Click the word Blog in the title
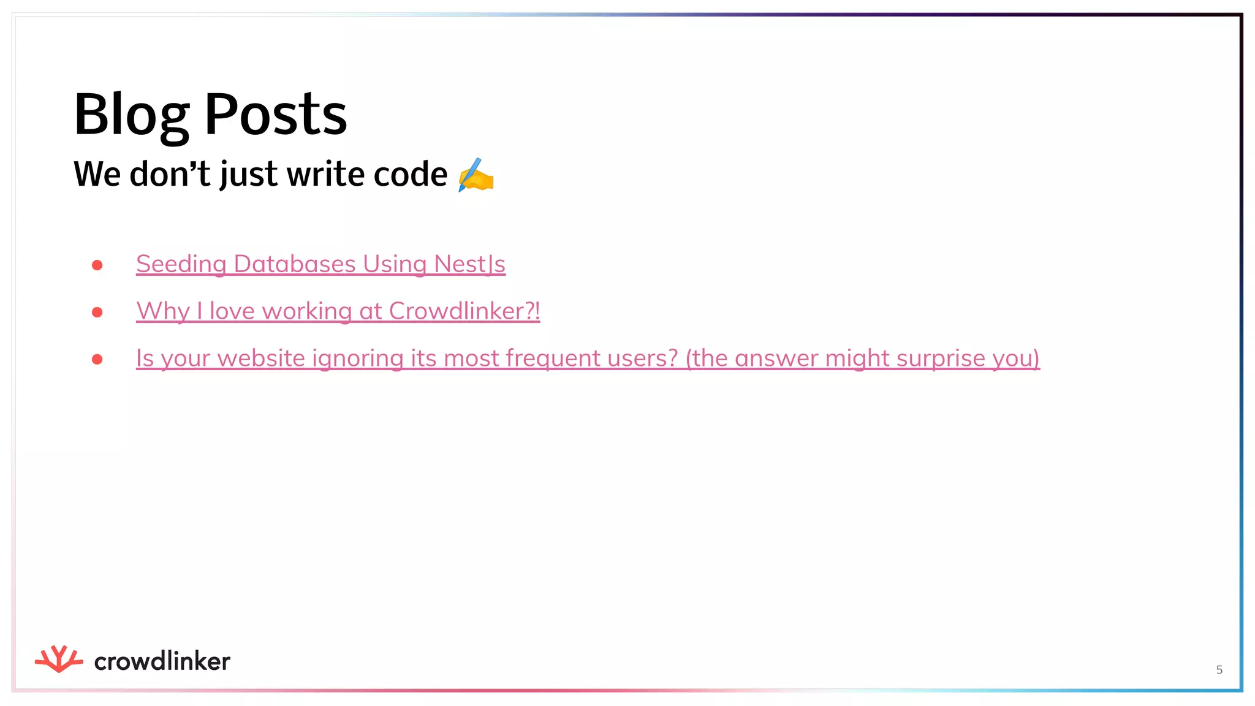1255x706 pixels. [x=131, y=115]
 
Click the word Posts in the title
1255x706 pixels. [x=276, y=115]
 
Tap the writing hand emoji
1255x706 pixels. [x=476, y=175]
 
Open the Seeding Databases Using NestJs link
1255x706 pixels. [x=320, y=264]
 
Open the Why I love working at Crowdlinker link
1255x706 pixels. [x=338, y=311]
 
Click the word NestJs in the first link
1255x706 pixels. [x=469, y=264]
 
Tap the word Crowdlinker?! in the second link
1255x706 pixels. [x=464, y=311]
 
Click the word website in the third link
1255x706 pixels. [x=261, y=359]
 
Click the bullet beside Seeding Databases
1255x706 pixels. [x=97, y=265]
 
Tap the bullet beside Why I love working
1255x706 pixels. [x=97, y=313]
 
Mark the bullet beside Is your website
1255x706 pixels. [x=97, y=360]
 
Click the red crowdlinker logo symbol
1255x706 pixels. [x=59, y=659]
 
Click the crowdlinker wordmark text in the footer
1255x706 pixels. [x=162, y=662]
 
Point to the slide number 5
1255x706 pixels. [x=1219, y=670]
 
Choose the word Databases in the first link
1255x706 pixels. [x=295, y=264]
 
